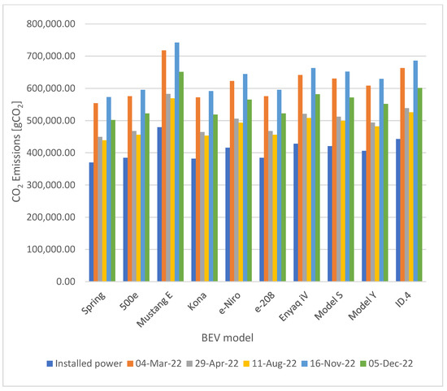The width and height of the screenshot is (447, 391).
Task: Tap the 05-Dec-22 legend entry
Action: pyautogui.click(x=387, y=363)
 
